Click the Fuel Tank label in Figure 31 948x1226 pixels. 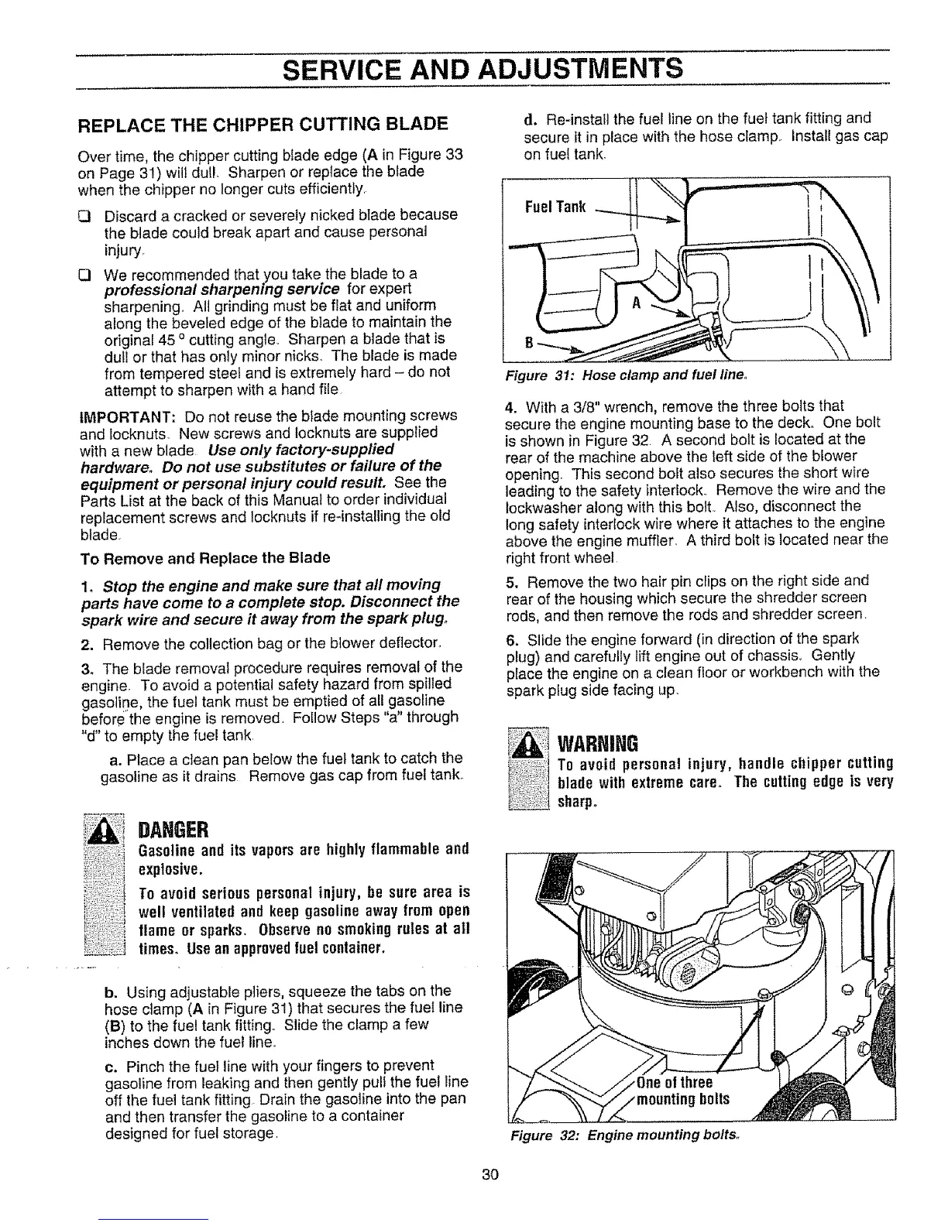pyautogui.click(x=555, y=207)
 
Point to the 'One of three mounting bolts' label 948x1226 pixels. pyautogui.click(x=678, y=1090)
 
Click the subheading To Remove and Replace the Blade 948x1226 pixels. pyautogui.click(x=205, y=557)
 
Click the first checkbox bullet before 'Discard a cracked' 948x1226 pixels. pyautogui.click(x=87, y=214)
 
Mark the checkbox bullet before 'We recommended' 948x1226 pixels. pyautogui.click(x=87, y=274)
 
